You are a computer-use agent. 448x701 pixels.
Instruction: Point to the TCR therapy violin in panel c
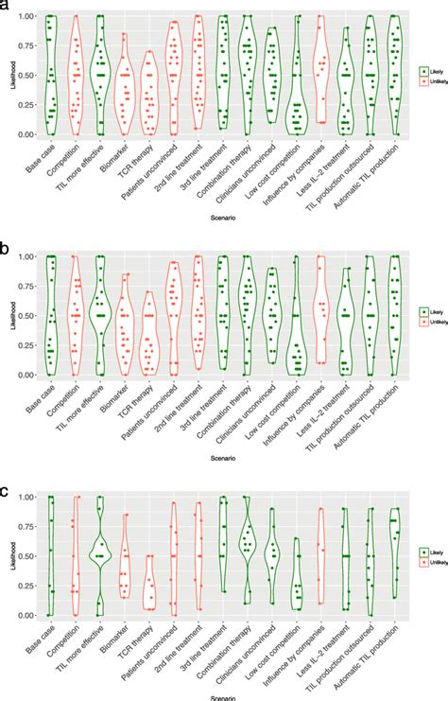coord(149,583)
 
